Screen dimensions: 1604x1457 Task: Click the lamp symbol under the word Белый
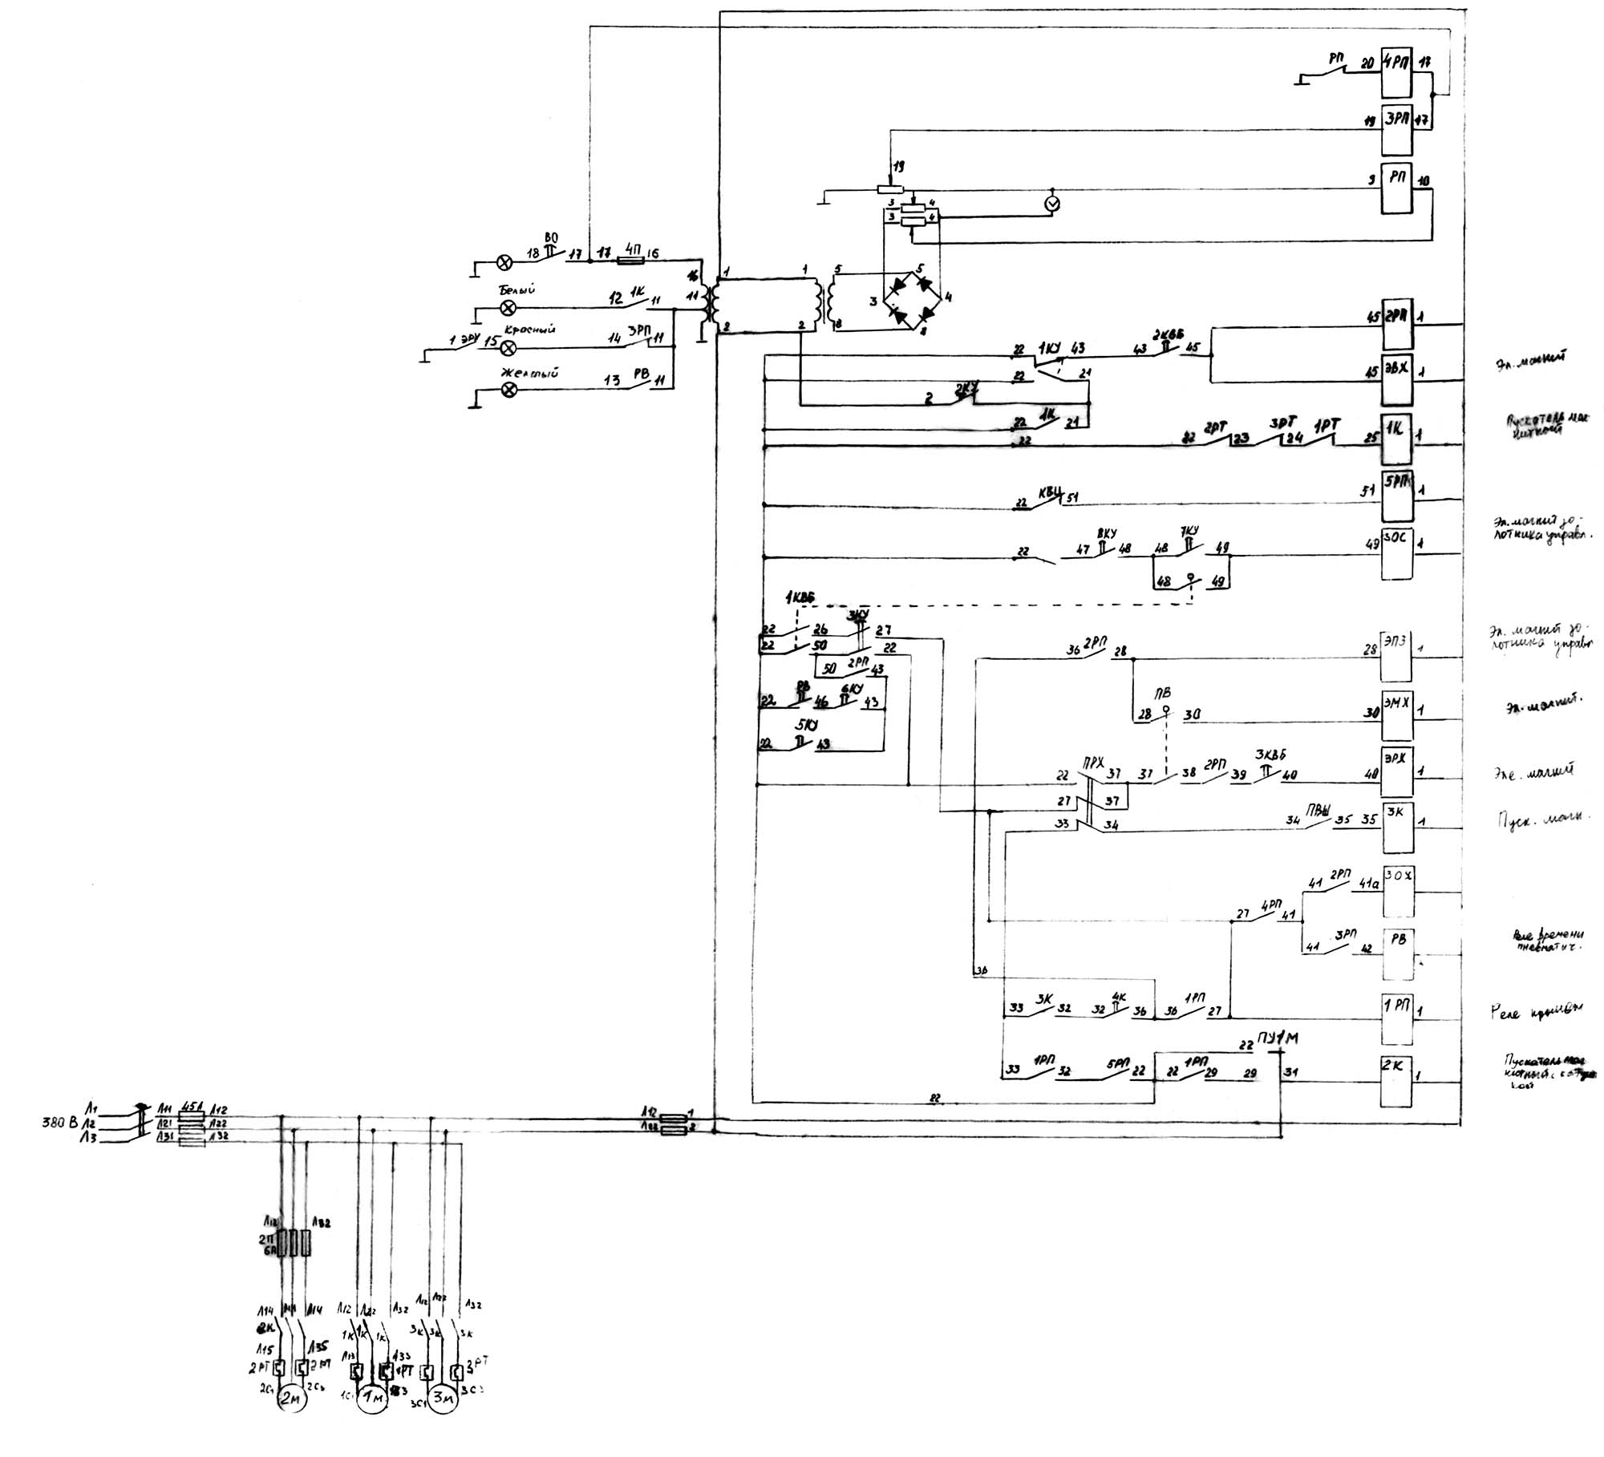[507, 308]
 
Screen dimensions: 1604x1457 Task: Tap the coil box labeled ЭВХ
[1396, 379]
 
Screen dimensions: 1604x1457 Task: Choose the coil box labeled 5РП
[1396, 497]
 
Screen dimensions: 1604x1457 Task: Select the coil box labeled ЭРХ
[1396, 771]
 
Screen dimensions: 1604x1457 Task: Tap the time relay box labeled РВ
[1396, 953]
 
